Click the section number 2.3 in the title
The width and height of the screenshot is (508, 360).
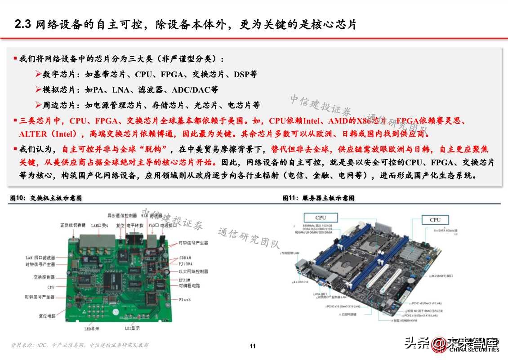pos(22,25)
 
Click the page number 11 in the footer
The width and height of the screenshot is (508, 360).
pos(253,346)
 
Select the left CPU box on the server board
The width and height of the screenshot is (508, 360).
pos(321,218)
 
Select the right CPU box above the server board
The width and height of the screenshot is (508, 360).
pos(435,220)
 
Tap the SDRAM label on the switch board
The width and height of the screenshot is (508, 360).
pos(185,258)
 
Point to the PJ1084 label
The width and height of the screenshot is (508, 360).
pos(186,264)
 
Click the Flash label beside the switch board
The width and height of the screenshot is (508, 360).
pos(185,299)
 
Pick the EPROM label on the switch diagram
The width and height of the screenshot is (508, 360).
pos(185,280)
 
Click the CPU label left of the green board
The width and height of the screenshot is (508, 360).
pos(50,287)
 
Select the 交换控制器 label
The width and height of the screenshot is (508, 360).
pos(44,277)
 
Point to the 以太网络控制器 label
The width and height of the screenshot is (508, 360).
pos(193,271)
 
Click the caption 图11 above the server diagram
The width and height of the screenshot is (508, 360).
pos(288,198)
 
